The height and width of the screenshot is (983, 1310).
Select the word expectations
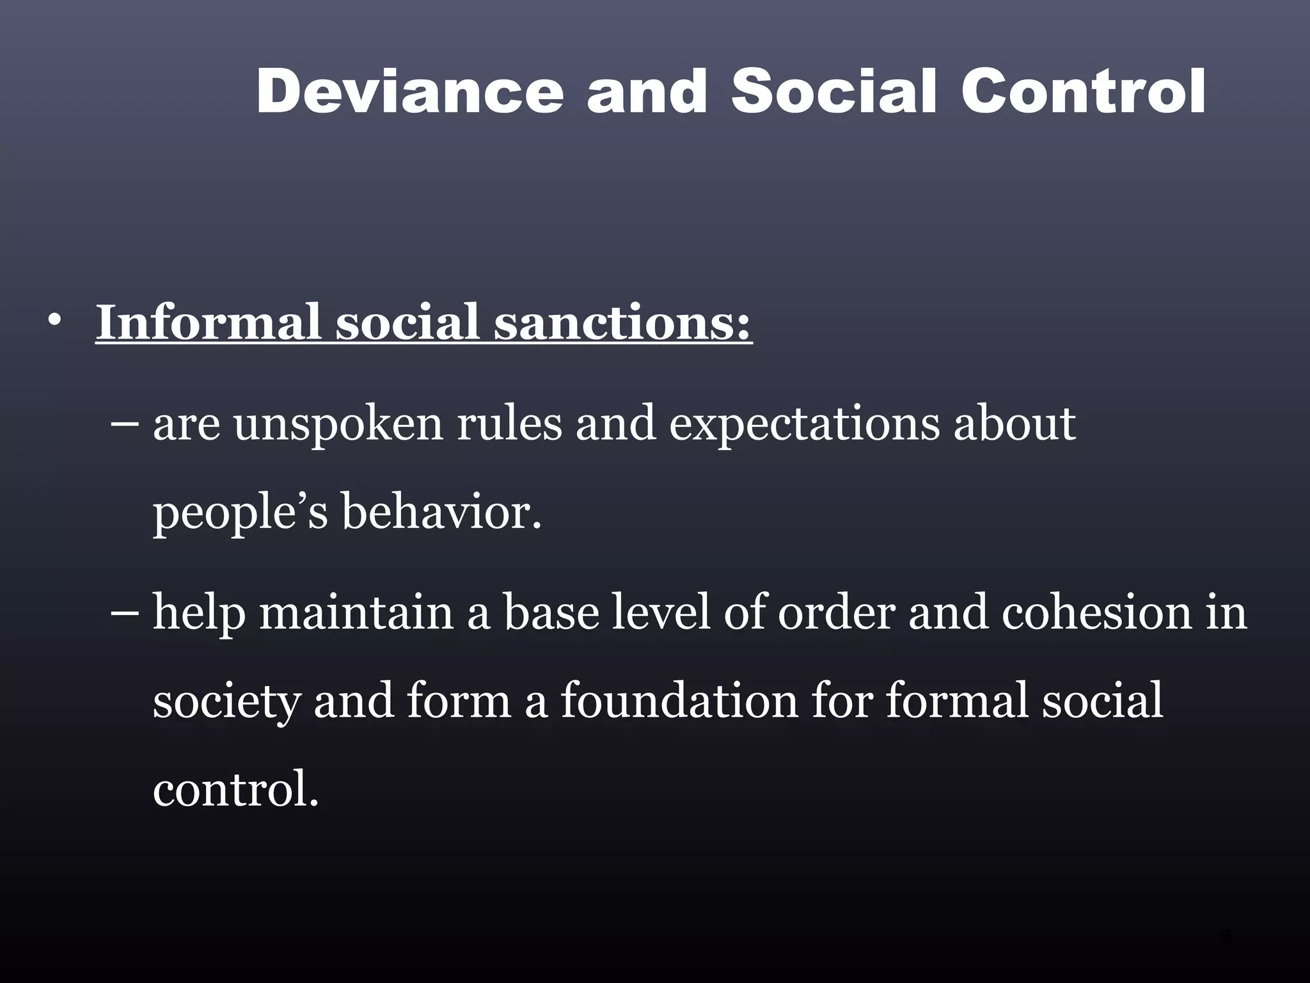pos(803,426)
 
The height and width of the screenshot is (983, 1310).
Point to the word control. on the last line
pos(235,789)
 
